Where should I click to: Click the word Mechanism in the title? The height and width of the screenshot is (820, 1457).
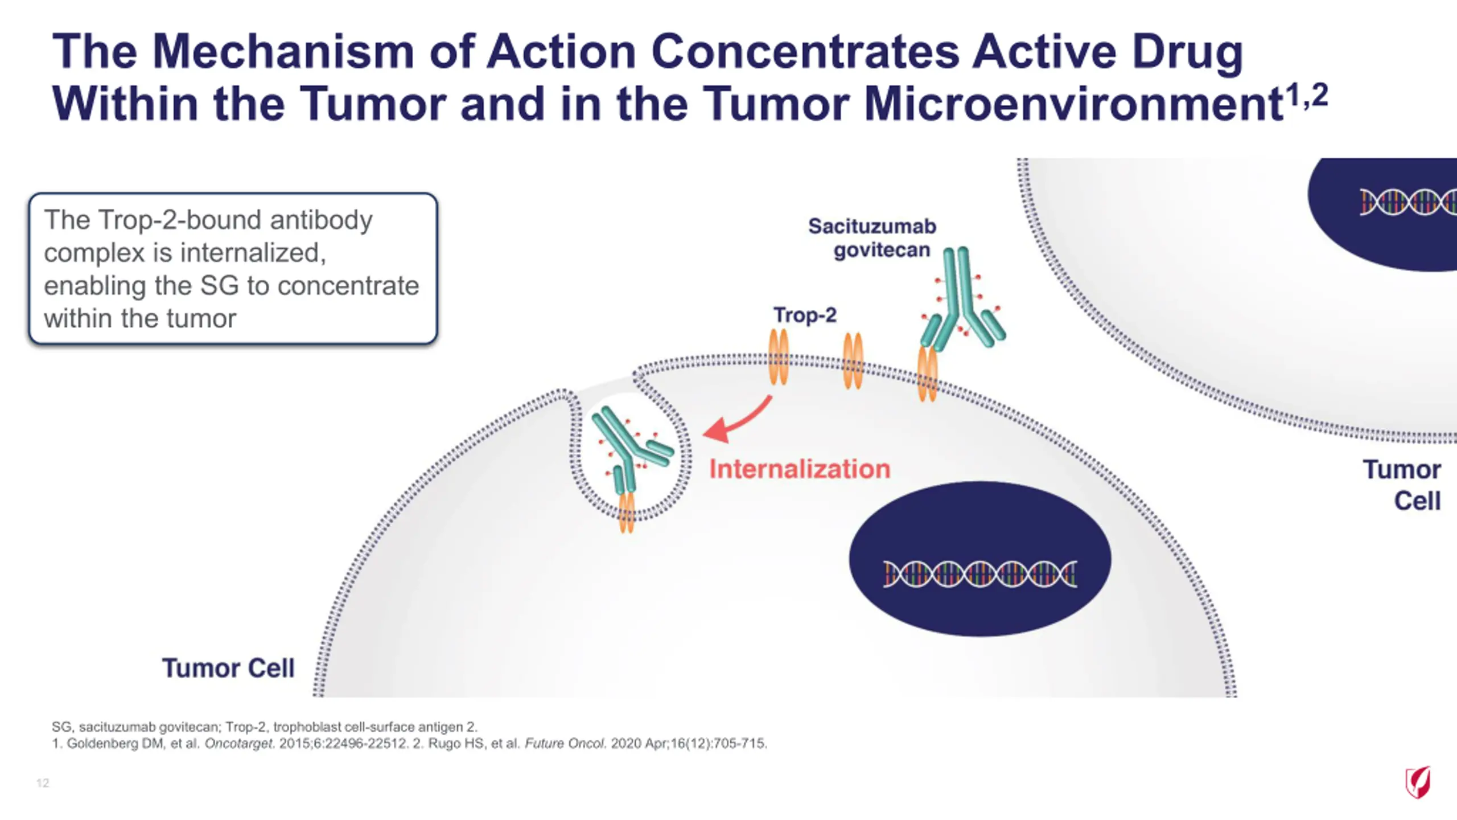click(x=283, y=51)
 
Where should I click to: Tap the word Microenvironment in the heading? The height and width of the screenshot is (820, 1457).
click(x=1073, y=104)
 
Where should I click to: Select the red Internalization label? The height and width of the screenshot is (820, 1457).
click(x=800, y=469)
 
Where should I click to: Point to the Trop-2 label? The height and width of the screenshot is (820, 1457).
click(x=805, y=315)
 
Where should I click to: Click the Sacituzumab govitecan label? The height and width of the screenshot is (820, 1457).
click(x=872, y=238)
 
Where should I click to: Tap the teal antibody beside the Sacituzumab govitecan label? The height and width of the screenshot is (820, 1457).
click(x=962, y=299)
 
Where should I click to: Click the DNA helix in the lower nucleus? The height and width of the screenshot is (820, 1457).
click(x=979, y=573)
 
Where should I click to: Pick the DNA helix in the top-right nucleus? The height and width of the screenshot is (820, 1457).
click(x=1408, y=202)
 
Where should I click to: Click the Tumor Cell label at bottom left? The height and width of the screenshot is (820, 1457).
click(x=228, y=668)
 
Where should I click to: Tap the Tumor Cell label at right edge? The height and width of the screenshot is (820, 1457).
click(x=1402, y=485)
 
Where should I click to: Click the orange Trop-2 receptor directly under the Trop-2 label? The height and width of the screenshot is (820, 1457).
click(x=779, y=357)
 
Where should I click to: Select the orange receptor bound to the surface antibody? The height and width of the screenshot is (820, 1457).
click(x=928, y=374)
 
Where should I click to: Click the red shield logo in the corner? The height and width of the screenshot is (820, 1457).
click(x=1418, y=782)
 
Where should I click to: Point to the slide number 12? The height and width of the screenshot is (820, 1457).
click(x=43, y=783)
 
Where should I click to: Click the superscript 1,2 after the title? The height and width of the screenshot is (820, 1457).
click(x=1307, y=95)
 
